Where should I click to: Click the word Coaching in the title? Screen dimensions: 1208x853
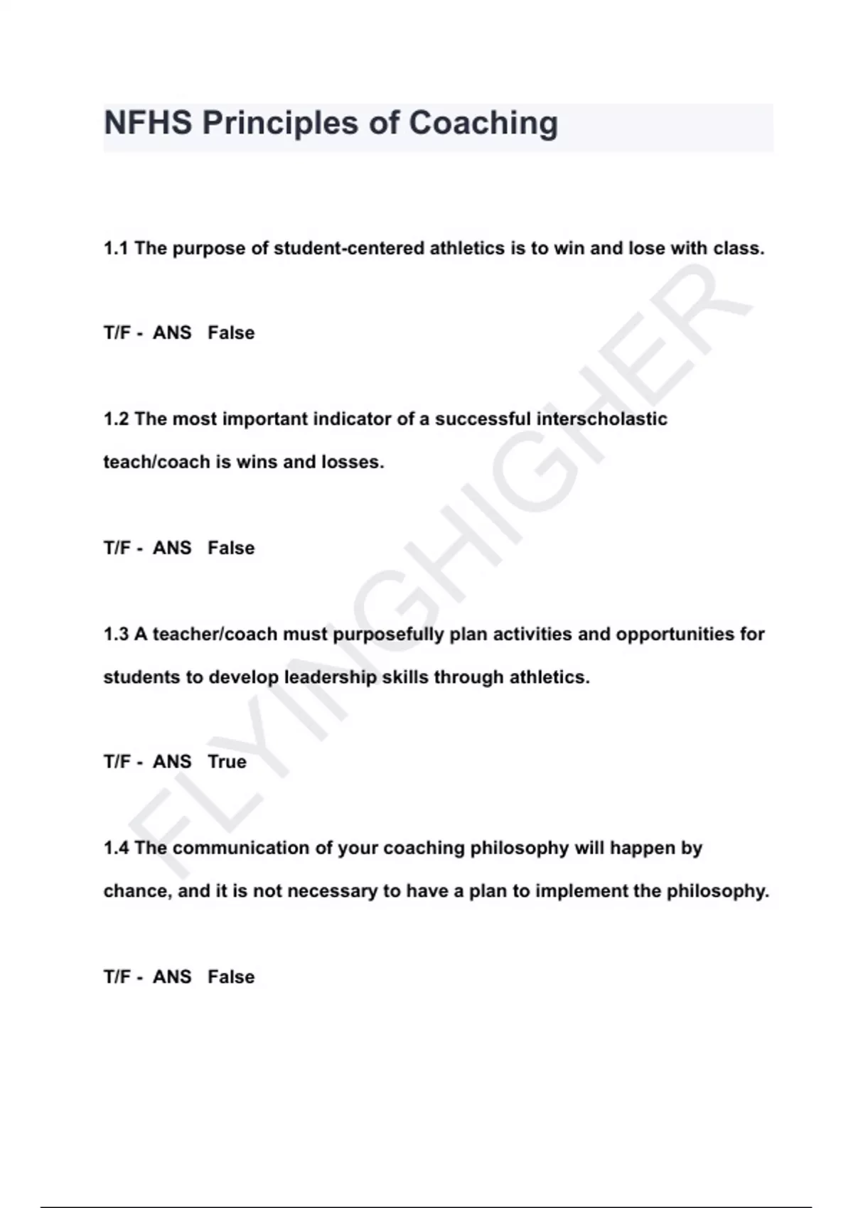pyautogui.click(x=483, y=123)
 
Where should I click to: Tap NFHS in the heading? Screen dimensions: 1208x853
pyautogui.click(x=148, y=123)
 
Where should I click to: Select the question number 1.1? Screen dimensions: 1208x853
pyautogui.click(x=116, y=249)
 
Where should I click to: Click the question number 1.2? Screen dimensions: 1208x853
pyautogui.click(x=116, y=419)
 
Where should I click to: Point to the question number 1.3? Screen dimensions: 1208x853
pyautogui.click(x=116, y=634)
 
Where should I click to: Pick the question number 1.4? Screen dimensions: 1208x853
pyautogui.click(x=116, y=848)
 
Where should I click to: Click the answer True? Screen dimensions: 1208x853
pyautogui.click(x=227, y=762)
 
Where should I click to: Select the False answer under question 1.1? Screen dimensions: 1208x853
pyautogui.click(x=231, y=333)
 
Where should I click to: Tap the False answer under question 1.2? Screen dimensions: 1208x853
pyautogui.click(x=231, y=548)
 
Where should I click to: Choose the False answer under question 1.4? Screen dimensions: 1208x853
pyautogui.click(x=231, y=977)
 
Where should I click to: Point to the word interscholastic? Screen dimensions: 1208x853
pyautogui.click(x=601, y=419)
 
